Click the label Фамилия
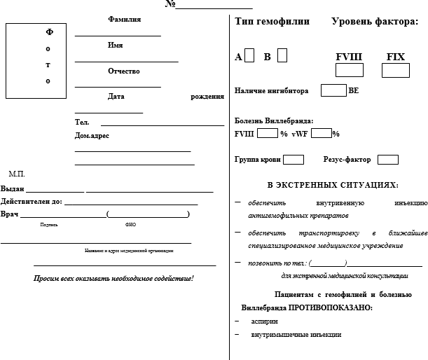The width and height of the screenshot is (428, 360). (125, 19)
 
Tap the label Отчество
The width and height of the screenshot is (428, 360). (124, 71)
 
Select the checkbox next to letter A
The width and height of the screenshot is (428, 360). (249, 56)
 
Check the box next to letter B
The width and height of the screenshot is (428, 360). (282, 56)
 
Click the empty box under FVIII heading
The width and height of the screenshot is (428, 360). (349, 70)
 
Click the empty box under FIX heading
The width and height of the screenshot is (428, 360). (396, 70)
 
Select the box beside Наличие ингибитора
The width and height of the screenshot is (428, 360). (333, 90)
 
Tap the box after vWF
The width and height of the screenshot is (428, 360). (322, 133)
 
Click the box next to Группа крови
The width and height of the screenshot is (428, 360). (294, 160)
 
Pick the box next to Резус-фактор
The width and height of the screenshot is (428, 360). (387, 160)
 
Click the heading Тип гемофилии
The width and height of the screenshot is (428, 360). (272, 22)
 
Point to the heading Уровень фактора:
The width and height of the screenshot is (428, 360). (374, 22)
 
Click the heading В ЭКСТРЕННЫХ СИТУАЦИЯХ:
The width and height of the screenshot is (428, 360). (333, 185)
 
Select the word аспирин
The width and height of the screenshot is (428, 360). (264, 321)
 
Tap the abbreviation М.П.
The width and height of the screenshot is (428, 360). (17, 173)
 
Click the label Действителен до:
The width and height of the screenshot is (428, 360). (32, 201)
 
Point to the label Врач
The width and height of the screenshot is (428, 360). (10, 213)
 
